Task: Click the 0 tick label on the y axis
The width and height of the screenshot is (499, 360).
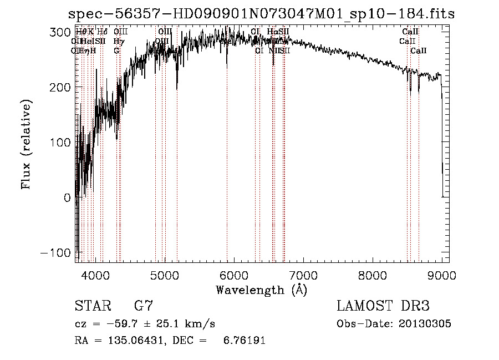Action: (67, 197)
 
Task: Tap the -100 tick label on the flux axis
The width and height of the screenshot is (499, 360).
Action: (58, 252)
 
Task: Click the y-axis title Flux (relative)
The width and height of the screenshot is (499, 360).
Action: (26, 145)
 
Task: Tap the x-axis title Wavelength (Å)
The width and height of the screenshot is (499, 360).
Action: (261, 290)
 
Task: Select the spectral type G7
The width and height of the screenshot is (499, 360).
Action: (144, 306)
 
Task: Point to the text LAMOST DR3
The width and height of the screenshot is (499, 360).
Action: (383, 306)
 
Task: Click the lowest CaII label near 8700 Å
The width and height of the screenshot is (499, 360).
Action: (419, 50)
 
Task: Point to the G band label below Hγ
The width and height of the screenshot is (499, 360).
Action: (116, 50)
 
